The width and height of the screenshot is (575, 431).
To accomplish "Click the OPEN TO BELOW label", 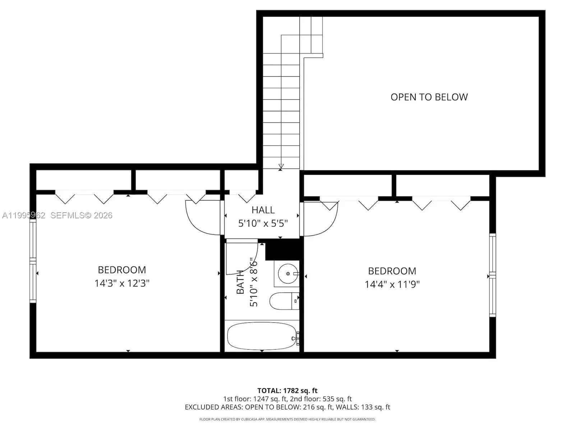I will pos(429,97).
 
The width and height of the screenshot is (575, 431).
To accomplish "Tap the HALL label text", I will pos(263,210).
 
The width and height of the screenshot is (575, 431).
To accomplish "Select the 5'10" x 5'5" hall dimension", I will pos(263,223).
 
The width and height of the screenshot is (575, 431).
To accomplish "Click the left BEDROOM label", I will pos(122,270).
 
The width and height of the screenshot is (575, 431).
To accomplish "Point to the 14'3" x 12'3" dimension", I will pos(122,283).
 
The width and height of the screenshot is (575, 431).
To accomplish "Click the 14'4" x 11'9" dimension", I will pos(392,284).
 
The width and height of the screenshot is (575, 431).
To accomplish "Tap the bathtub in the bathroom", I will pos(262,336).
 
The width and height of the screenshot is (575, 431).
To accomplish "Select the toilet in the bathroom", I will pos(284,301).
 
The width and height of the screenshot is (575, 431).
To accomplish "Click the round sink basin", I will pos(288,274).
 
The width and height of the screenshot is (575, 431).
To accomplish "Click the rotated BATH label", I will pos(240,282).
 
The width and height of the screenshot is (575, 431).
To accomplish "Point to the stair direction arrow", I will pos(281,166).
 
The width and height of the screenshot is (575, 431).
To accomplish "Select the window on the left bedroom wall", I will pos(33,261).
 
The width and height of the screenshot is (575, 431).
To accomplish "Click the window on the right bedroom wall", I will pos(492,275).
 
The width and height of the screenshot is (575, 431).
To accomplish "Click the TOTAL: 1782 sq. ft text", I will pos(287,390).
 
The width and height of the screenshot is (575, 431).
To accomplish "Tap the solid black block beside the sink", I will pos(282,249).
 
